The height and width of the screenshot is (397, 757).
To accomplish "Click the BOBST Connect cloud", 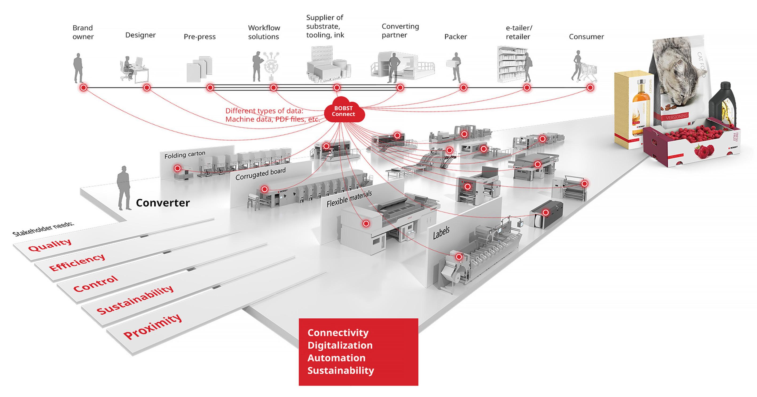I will click(344, 111).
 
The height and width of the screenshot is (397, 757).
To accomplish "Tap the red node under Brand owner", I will click(84, 87).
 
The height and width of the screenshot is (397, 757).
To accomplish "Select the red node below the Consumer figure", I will click(590, 87).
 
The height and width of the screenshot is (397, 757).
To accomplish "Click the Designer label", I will click(140, 35).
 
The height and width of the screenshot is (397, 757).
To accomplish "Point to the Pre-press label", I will click(199, 37).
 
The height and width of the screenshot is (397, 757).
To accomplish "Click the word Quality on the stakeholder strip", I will click(50, 245).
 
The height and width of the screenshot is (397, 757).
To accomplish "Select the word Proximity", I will click(152, 326).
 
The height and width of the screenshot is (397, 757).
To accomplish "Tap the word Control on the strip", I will click(96, 284).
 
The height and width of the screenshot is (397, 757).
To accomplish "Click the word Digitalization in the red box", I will click(340, 345).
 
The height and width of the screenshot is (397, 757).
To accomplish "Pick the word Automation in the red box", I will click(336, 358).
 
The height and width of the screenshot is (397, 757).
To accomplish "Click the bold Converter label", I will click(163, 203).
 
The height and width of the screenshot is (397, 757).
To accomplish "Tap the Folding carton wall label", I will click(185, 155).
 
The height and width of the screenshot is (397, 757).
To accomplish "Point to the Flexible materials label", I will click(349, 199).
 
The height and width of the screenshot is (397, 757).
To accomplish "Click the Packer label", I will click(456, 37).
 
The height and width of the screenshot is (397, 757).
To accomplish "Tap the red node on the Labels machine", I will click(459, 257).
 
